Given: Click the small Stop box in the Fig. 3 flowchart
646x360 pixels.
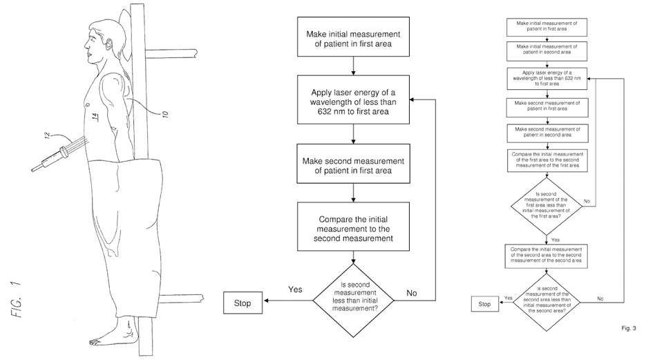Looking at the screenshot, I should (484, 303).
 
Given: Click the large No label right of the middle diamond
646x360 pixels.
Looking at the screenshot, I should (412, 292).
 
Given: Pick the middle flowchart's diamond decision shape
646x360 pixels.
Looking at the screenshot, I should (353, 298).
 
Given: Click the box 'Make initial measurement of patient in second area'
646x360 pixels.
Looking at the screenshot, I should (547, 49).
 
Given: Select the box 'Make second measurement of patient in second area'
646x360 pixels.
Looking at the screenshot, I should (547, 132).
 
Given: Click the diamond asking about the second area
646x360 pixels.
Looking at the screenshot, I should (547, 299).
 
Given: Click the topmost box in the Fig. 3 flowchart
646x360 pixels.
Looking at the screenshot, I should (547, 26).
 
